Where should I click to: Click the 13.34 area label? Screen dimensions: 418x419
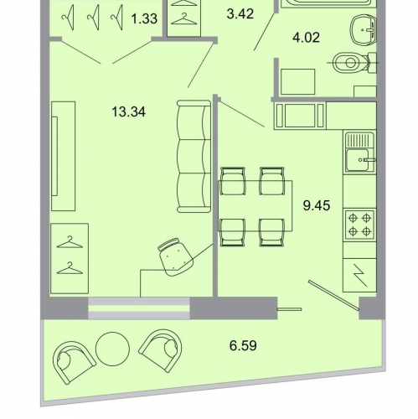point(128,112)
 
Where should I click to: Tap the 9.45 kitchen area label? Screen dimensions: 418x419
point(317,205)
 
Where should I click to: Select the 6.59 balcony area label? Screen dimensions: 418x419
point(243,345)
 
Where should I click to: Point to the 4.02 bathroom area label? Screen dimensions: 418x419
point(306,38)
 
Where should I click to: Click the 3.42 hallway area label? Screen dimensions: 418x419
point(240,13)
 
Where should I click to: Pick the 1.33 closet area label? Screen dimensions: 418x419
point(144,19)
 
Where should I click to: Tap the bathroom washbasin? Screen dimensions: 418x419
point(364,29)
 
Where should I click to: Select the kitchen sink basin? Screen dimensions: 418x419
point(358,160)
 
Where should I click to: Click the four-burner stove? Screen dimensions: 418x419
point(359,225)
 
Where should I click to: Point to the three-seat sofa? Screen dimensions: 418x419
point(194,156)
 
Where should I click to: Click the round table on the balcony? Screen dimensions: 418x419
point(112,349)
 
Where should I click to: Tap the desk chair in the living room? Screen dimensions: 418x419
point(175,257)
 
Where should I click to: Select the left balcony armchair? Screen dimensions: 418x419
point(74,362)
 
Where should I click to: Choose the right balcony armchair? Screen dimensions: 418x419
point(161,350)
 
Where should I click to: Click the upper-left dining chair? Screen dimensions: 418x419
point(233,181)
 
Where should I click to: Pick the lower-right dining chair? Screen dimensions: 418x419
point(271,232)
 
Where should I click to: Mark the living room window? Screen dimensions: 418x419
point(139,308)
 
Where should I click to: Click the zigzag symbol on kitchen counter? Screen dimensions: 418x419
point(359,276)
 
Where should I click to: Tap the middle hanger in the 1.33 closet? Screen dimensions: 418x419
point(94,18)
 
